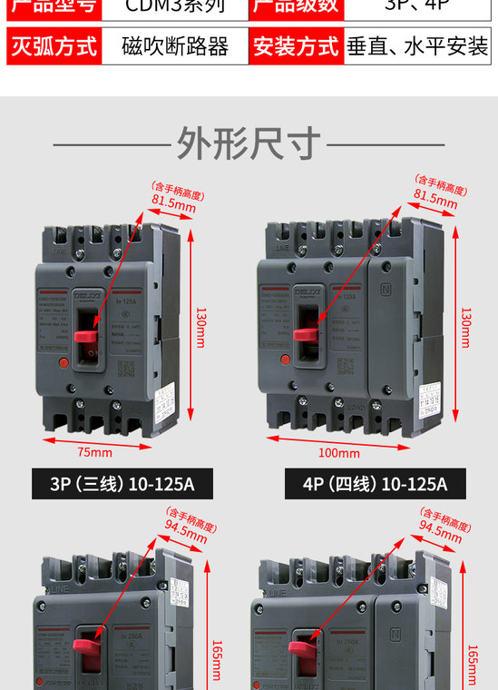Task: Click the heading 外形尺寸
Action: click(x=249, y=143)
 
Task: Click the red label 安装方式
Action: click(x=296, y=46)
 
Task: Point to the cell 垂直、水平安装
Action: click(x=418, y=46)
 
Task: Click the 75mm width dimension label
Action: click(x=94, y=452)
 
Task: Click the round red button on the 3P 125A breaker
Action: click(x=63, y=363)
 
